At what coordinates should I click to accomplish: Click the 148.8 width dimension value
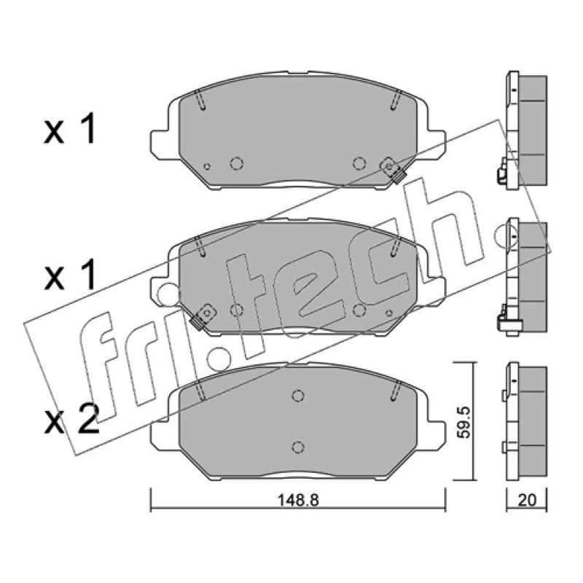(298, 500)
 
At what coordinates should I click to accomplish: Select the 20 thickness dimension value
(527, 500)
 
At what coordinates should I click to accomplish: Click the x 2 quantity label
(71, 420)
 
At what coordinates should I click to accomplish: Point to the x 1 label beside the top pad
(69, 129)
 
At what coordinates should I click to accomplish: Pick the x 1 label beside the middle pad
(69, 275)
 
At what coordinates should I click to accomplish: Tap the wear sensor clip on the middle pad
(202, 317)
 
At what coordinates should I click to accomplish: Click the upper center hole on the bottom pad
(298, 395)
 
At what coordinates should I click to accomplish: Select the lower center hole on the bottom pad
(298, 447)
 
